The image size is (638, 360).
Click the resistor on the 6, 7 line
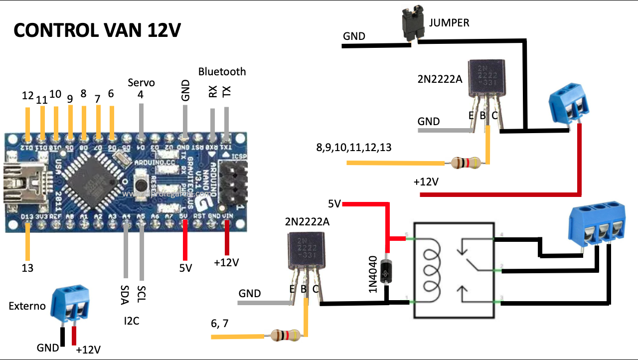(x=285, y=336)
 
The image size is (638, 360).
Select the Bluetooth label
(x=222, y=71)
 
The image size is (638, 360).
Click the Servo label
(x=141, y=82)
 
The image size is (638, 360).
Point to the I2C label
(x=131, y=321)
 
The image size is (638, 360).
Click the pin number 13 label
(x=27, y=268)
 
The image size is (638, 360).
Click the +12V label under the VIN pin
(x=226, y=262)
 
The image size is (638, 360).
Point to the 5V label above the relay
(x=334, y=203)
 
